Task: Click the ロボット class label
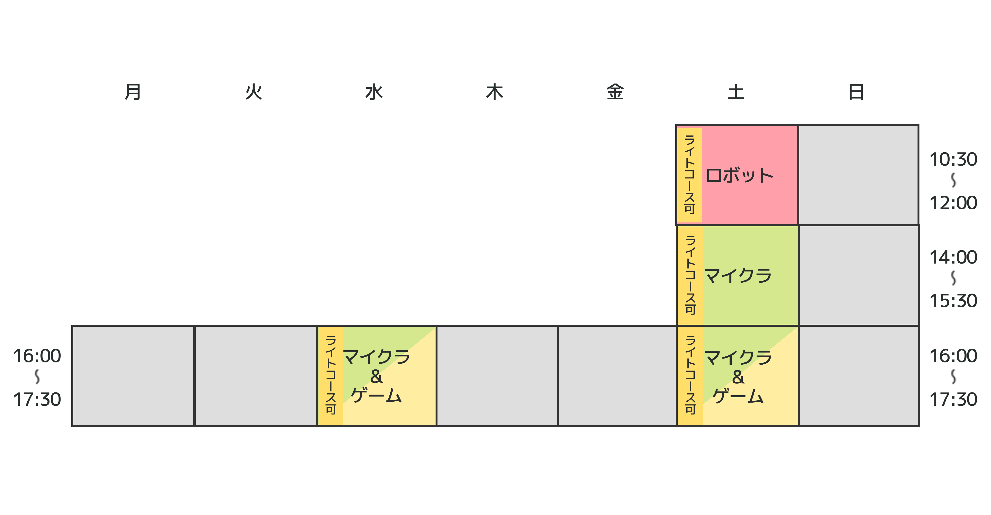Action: pyautogui.click(x=739, y=176)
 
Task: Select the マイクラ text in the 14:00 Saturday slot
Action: pyautogui.click(x=738, y=276)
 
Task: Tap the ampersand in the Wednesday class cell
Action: pyautogui.click(x=376, y=376)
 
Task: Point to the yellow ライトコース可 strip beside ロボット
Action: pyautogui.click(x=689, y=175)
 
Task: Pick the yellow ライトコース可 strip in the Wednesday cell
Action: pyautogui.click(x=330, y=375)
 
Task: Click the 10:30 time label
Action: pyautogui.click(x=953, y=159)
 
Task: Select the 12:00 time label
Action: pyautogui.click(x=953, y=203)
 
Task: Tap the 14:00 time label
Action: pyautogui.click(x=953, y=257)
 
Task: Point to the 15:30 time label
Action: pyautogui.click(x=953, y=301)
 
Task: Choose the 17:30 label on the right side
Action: pyautogui.click(x=953, y=399)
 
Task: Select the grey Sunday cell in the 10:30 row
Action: pyautogui.click(x=858, y=175)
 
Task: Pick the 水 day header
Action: pyautogui.click(x=373, y=92)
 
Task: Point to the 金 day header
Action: pyautogui.click(x=615, y=92)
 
